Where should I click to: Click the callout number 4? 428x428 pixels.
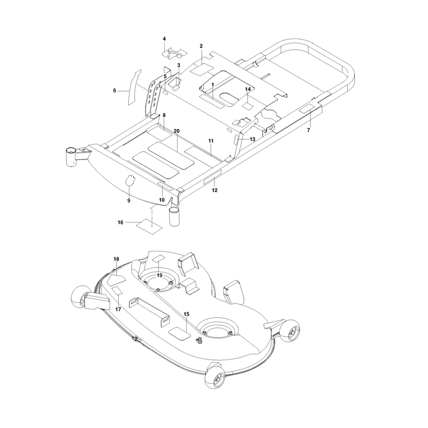click(164, 39)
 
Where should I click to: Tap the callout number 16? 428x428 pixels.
click(120, 223)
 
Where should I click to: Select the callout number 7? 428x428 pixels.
click(309, 130)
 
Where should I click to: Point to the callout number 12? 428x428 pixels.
click(215, 190)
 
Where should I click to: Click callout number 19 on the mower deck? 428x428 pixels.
click(159, 275)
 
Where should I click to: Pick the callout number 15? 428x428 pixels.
click(186, 314)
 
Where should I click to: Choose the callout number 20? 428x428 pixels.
click(177, 131)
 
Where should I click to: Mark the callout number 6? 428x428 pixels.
click(114, 90)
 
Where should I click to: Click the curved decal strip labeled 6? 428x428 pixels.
click(134, 87)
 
